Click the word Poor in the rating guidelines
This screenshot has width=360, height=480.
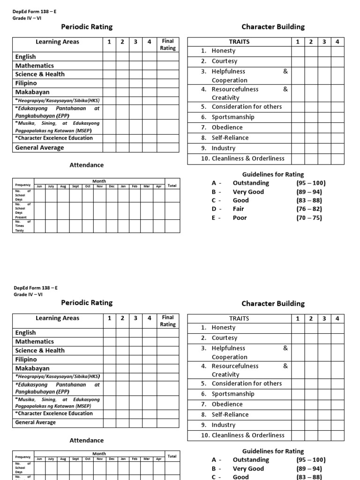click(x=240, y=217)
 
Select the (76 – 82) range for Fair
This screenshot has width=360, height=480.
click(x=309, y=209)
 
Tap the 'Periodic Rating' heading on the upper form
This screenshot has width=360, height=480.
click(x=87, y=27)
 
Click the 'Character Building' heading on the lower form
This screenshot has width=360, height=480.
click(x=273, y=303)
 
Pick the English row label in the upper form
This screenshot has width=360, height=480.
click(x=25, y=57)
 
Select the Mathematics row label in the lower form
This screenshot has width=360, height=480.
click(x=34, y=342)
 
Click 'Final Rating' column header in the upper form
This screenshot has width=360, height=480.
click(x=168, y=45)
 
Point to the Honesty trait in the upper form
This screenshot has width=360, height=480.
click(x=223, y=51)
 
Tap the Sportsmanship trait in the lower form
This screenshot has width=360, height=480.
click(x=232, y=394)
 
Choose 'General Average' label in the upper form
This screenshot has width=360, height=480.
click(x=39, y=148)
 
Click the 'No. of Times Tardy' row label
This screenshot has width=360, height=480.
click(x=22, y=226)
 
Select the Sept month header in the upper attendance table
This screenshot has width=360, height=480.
click(x=75, y=186)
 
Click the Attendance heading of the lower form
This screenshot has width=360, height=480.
click(x=87, y=440)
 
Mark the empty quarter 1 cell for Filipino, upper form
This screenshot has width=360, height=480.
click(x=109, y=83)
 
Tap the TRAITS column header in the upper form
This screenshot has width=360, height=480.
click(x=239, y=42)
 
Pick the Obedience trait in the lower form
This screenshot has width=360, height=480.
click(x=227, y=404)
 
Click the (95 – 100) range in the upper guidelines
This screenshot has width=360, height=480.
click(x=311, y=183)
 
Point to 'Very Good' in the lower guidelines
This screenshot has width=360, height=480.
click(x=248, y=468)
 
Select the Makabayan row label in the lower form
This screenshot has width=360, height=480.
click(x=32, y=368)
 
